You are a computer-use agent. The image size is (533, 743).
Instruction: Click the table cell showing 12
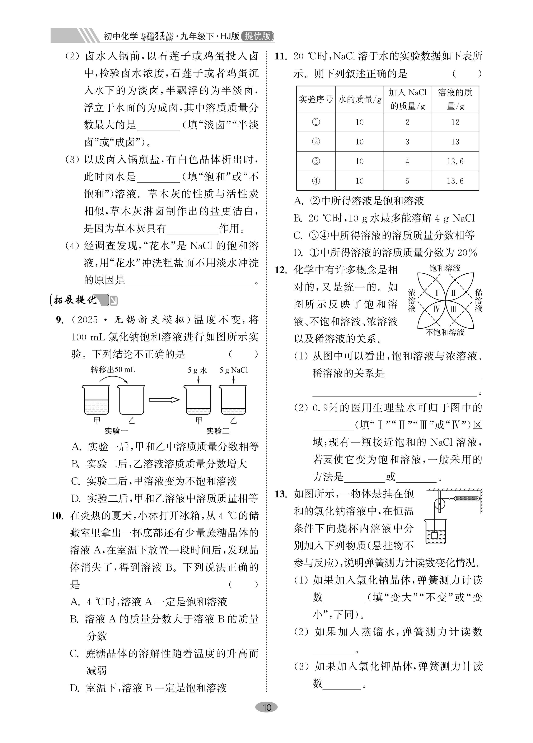(x=455, y=122)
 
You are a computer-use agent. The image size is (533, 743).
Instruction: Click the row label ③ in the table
(x=316, y=161)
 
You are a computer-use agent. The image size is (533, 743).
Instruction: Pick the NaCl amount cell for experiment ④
(x=407, y=181)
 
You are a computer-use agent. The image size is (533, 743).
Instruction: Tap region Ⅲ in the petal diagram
(x=453, y=309)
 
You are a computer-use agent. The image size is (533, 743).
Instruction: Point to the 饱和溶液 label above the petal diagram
(x=445, y=268)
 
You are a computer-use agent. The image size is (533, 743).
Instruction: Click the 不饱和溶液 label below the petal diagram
(x=445, y=332)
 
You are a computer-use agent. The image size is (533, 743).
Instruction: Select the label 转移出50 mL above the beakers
(x=113, y=370)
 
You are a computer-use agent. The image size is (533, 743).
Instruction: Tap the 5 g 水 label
(x=197, y=370)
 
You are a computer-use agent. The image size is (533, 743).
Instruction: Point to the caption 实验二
(x=218, y=431)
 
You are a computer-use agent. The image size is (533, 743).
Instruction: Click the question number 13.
(x=281, y=494)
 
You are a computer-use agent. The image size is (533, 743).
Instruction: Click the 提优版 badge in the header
(x=257, y=36)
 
